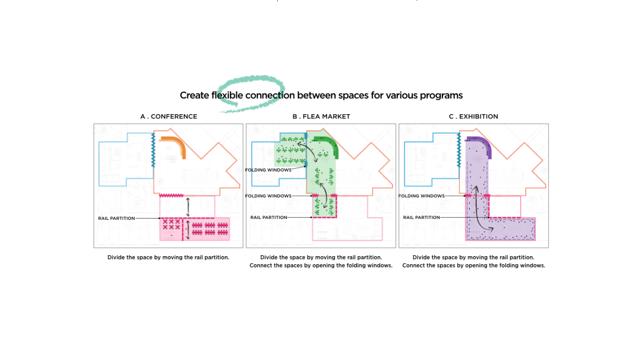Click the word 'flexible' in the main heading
[x=227, y=95]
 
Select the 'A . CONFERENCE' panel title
[x=169, y=117]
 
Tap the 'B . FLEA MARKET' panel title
[x=321, y=117]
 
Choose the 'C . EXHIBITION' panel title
[x=473, y=117]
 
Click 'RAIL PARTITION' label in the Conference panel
[x=117, y=219]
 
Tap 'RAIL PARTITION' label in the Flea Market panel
[x=269, y=218]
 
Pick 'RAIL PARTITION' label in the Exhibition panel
[x=422, y=218]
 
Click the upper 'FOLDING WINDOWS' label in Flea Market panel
[x=268, y=170]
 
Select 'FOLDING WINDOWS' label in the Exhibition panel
[x=422, y=196]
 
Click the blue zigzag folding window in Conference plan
[x=153, y=149]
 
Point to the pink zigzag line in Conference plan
[x=172, y=196]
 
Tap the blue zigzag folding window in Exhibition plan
[x=459, y=149]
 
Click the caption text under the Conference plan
[x=168, y=258]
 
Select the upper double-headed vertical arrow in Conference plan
[x=188, y=207]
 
